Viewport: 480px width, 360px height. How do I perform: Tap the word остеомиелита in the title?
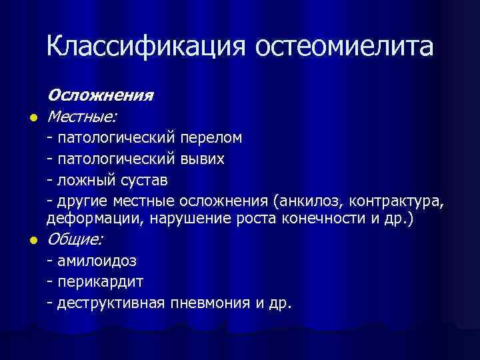(x=344, y=47)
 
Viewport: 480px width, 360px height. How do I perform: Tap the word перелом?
(x=211, y=138)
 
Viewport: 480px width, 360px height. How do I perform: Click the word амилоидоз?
(x=97, y=261)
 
